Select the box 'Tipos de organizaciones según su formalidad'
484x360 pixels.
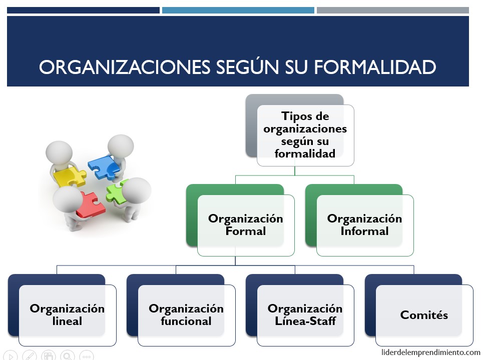coord(305,134)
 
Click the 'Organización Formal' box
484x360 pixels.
coord(245,224)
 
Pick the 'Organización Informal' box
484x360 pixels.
coord(364,224)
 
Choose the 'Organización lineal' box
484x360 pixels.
coord(67,314)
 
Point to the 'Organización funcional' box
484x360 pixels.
coord(186,314)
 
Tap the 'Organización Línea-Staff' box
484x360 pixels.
coord(305,314)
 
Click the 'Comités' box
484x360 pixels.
coord(424,314)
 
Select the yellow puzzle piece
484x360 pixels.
coord(70,176)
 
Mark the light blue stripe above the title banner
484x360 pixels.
coord(238,10)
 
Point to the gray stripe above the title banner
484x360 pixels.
coord(393,10)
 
